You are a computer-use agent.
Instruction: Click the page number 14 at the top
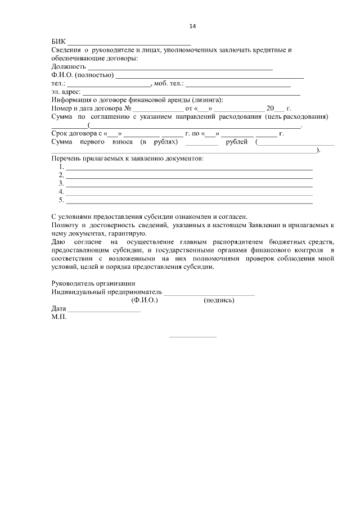[192, 26]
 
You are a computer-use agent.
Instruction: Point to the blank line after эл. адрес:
[191, 92]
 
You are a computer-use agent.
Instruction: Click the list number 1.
[61, 167]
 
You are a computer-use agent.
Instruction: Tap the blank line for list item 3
[189, 184]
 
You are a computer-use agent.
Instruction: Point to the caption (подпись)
[219, 300]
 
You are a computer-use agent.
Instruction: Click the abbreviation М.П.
[58, 317]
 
